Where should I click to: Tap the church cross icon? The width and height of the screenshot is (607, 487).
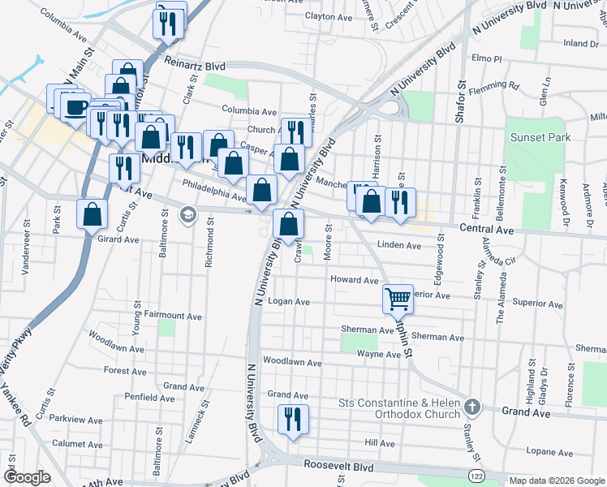coord(473,405)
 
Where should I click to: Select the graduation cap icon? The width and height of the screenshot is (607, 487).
coord(188,215)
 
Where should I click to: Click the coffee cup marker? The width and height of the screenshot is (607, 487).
coord(76,106)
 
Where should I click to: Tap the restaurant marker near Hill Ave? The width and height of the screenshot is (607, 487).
coord(291,419)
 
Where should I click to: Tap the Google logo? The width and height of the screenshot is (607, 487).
coord(27,477)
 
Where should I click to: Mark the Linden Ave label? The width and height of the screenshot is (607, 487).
coord(399,245)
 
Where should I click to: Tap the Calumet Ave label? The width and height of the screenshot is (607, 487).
coord(77,444)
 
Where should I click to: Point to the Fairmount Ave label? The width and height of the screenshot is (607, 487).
coord(173,316)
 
